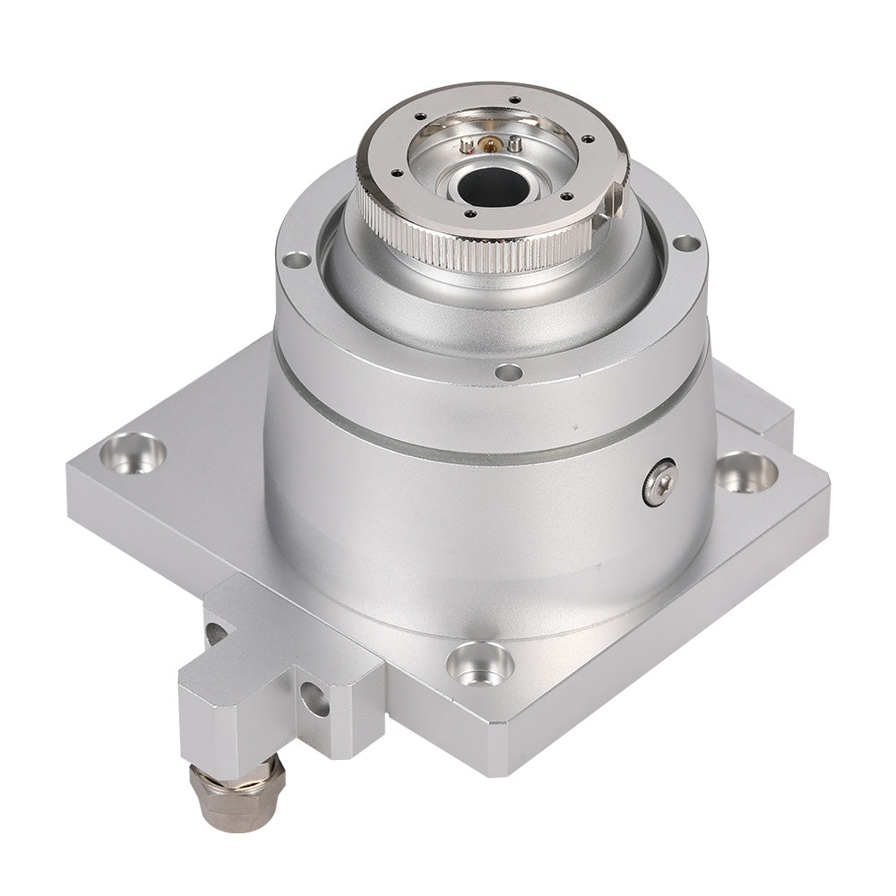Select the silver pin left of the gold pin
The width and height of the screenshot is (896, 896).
coord(469,144)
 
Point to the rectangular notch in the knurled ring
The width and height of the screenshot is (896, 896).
coord(614,202)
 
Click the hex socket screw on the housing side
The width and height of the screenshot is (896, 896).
coord(660,483)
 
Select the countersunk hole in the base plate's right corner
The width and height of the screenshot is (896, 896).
coord(746,471)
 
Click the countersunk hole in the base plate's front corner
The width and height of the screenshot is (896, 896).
coord(480,663)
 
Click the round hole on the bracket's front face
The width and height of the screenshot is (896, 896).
coord(314,699)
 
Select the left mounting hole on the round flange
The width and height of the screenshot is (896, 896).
coord(296,260)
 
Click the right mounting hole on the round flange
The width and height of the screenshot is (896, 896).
coord(685,243)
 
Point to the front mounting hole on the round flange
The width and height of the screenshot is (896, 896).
coord(508,372)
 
